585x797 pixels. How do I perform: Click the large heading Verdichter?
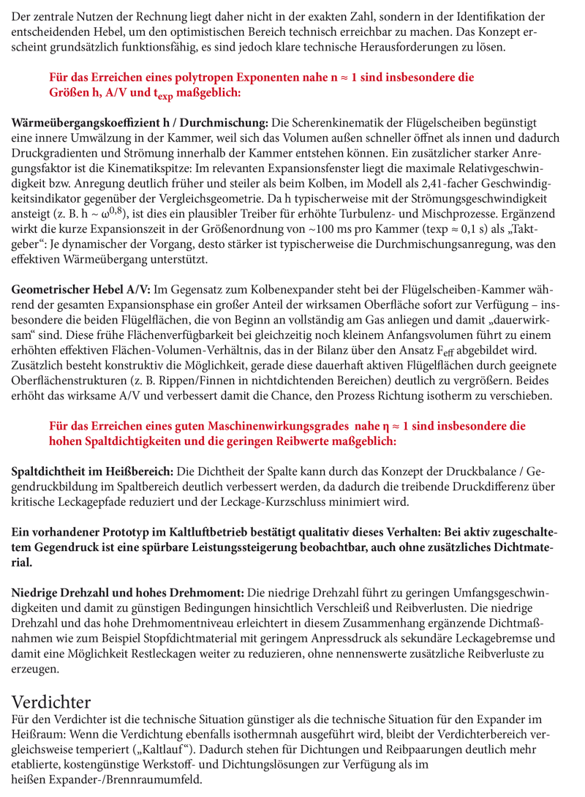tap(51, 703)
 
